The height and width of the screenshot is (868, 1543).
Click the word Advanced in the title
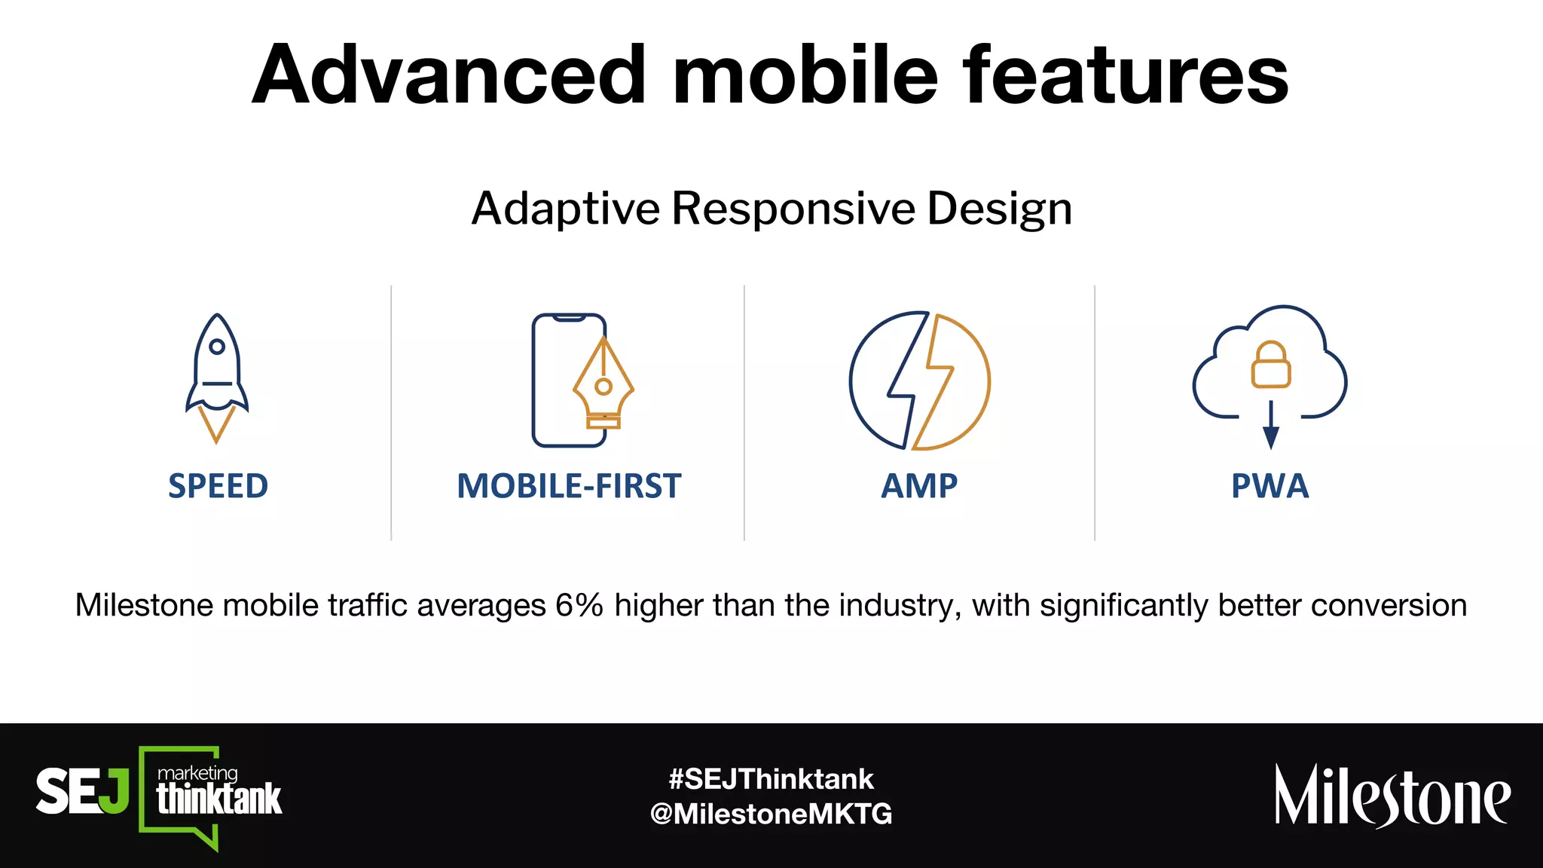(449, 75)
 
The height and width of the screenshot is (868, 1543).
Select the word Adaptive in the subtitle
(566, 209)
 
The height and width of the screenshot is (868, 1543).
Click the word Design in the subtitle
(999, 209)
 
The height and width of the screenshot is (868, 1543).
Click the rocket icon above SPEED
(217, 377)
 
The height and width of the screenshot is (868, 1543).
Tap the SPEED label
(218, 486)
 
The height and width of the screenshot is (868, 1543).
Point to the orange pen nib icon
(603, 384)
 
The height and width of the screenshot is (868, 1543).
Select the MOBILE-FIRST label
(569, 486)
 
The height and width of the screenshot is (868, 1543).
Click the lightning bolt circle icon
(919, 381)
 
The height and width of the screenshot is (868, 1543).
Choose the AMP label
(919, 486)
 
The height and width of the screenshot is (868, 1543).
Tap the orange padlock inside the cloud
(1271, 365)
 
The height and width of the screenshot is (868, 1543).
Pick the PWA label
(1270, 486)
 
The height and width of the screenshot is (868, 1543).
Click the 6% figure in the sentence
(579, 605)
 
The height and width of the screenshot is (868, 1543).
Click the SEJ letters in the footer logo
(82, 791)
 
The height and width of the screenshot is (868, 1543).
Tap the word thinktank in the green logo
(218, 799)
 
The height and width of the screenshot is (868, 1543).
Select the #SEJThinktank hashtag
(771, 778)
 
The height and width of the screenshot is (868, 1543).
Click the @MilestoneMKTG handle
(771, 814)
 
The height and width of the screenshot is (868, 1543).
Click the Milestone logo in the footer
(1392, 796)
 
